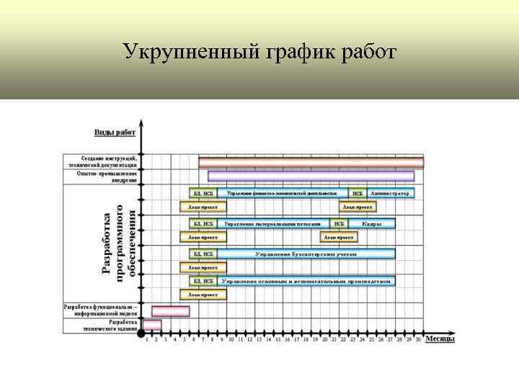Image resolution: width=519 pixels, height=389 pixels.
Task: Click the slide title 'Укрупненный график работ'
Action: pos(259,51)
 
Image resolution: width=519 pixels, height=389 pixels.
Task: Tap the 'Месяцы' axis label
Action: pos(439,339)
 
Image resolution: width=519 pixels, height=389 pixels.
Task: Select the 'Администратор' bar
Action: pos(390,193)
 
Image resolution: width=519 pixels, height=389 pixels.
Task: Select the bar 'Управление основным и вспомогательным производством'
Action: pos(306,281)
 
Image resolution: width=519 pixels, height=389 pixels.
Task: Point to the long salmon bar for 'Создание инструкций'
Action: pos(311,162)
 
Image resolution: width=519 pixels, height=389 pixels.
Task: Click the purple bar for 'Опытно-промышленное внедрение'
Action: pos(311,176)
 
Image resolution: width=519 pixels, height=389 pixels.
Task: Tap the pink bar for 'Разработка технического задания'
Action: pos(152,325)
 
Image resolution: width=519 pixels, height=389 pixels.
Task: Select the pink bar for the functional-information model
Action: pos(171,310)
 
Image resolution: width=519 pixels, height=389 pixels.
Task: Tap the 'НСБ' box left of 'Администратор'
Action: pos(357,193)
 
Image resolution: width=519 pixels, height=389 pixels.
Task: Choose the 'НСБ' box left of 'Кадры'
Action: pos(338,224)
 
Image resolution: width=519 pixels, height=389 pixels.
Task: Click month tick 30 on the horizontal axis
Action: pos(418,339)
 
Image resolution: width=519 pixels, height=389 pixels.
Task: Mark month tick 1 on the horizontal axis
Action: pos(147,339)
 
